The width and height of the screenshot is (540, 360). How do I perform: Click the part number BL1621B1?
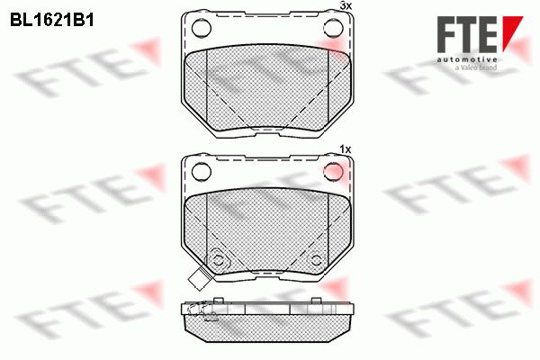(x=52, y=21)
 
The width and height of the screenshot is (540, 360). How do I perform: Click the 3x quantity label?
(x=346, y=6)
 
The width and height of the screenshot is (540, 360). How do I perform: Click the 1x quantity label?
(x=345, y=149)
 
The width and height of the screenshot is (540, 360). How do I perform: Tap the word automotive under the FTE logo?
(x=467, y=59)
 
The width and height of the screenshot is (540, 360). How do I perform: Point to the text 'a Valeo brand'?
(x=476, y=67)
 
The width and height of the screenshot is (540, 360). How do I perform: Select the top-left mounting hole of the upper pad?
(x=202, y=28)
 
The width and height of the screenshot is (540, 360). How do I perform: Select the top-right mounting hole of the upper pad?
(x=333, y=28)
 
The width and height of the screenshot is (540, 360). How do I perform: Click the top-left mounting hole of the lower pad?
(x=202, y=172)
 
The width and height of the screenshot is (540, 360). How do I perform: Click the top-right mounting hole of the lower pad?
(x=333, y=172)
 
